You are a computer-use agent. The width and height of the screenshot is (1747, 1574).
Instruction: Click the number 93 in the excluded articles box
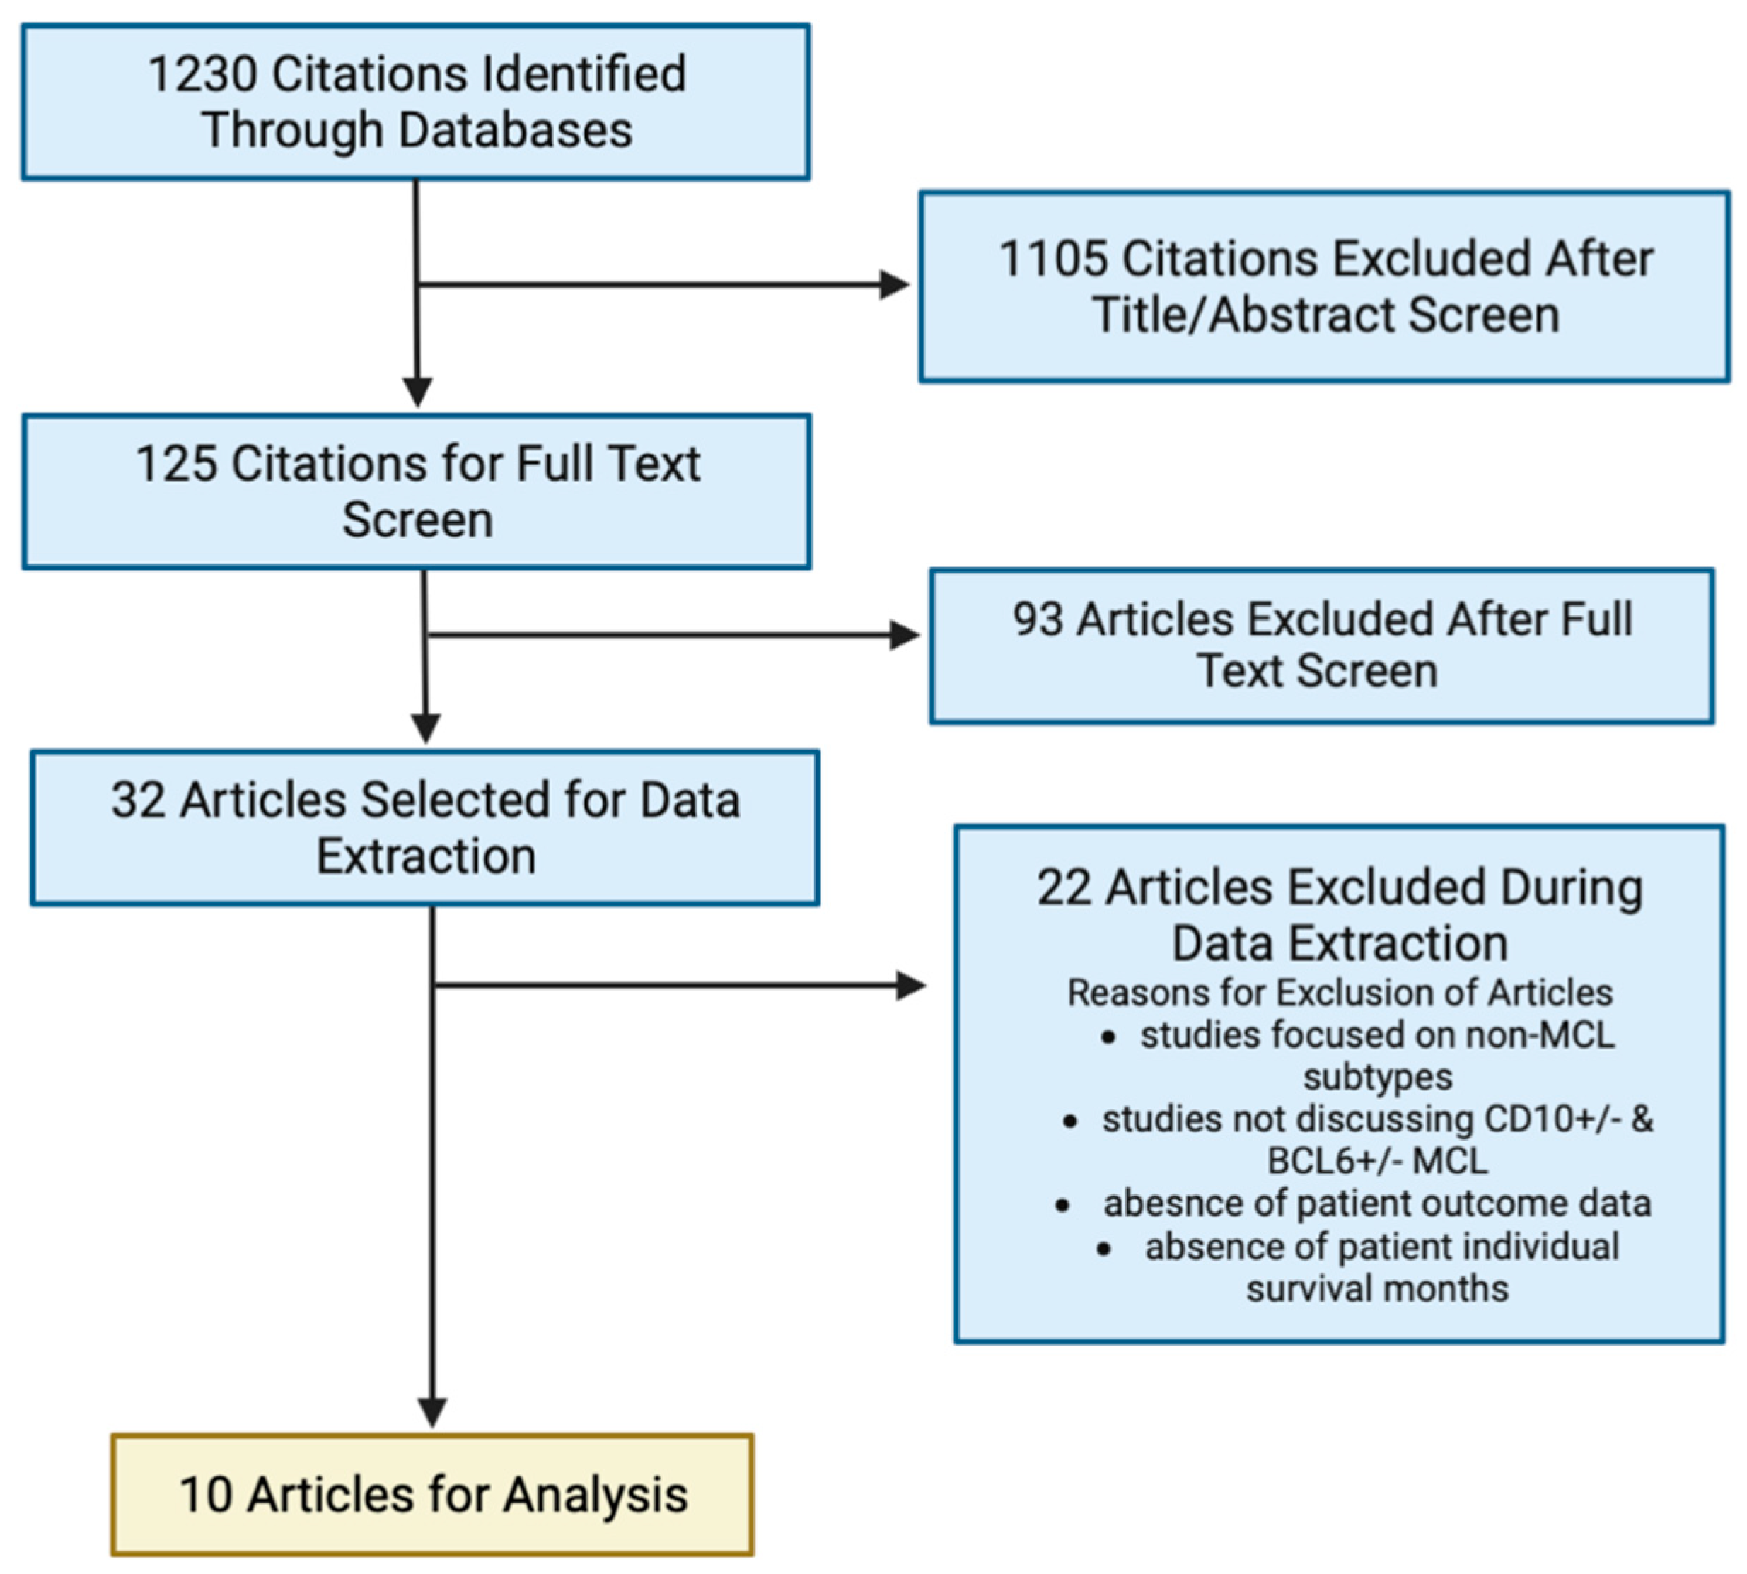tap(1037, 619)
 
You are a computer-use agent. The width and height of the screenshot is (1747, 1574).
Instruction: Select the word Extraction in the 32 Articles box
tap(426, 856)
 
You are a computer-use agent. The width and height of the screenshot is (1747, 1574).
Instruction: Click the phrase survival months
tap(1377, 1288)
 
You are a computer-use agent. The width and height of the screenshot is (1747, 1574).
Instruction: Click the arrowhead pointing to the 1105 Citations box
tap(894, 284)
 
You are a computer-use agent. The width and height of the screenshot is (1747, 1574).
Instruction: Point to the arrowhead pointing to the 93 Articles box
tap(905, 635)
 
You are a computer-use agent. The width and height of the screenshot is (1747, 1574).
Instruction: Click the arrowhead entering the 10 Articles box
tap(431, 1412)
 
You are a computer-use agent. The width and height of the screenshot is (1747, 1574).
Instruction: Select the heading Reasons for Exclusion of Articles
tap(1339, 992)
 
